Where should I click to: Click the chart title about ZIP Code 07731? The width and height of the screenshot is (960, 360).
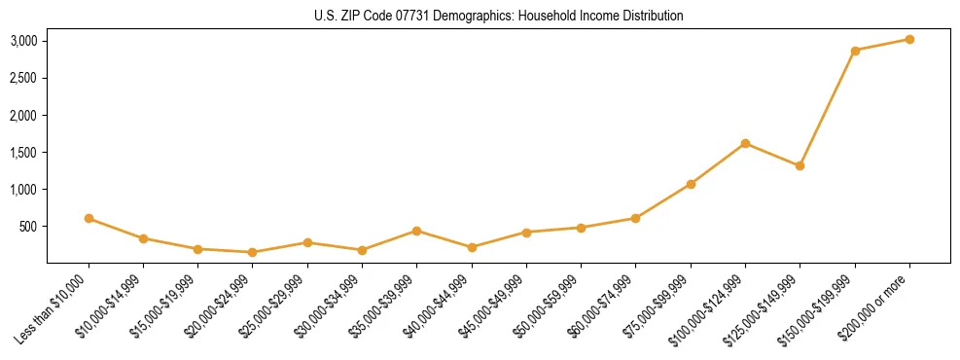[498, 16]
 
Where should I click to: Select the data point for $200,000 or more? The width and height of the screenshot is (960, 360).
[909, 39]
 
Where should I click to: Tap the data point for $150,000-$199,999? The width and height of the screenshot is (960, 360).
[855, 51]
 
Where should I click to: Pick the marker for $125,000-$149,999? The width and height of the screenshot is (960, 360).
[800, 165]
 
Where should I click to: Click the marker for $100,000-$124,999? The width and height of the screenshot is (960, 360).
[745, 143]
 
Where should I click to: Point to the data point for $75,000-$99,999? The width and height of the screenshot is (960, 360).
[691, 184]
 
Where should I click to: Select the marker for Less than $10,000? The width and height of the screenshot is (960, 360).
[89, 218]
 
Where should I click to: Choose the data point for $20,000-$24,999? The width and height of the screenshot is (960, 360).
[253, 252]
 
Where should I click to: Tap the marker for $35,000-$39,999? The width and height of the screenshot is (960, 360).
[416, 231]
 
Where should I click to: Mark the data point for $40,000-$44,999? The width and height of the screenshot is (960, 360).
[472, 247]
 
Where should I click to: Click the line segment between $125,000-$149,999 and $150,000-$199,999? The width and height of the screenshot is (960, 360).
[828, 108]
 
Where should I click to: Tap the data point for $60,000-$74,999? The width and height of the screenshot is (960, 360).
[635, 218]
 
